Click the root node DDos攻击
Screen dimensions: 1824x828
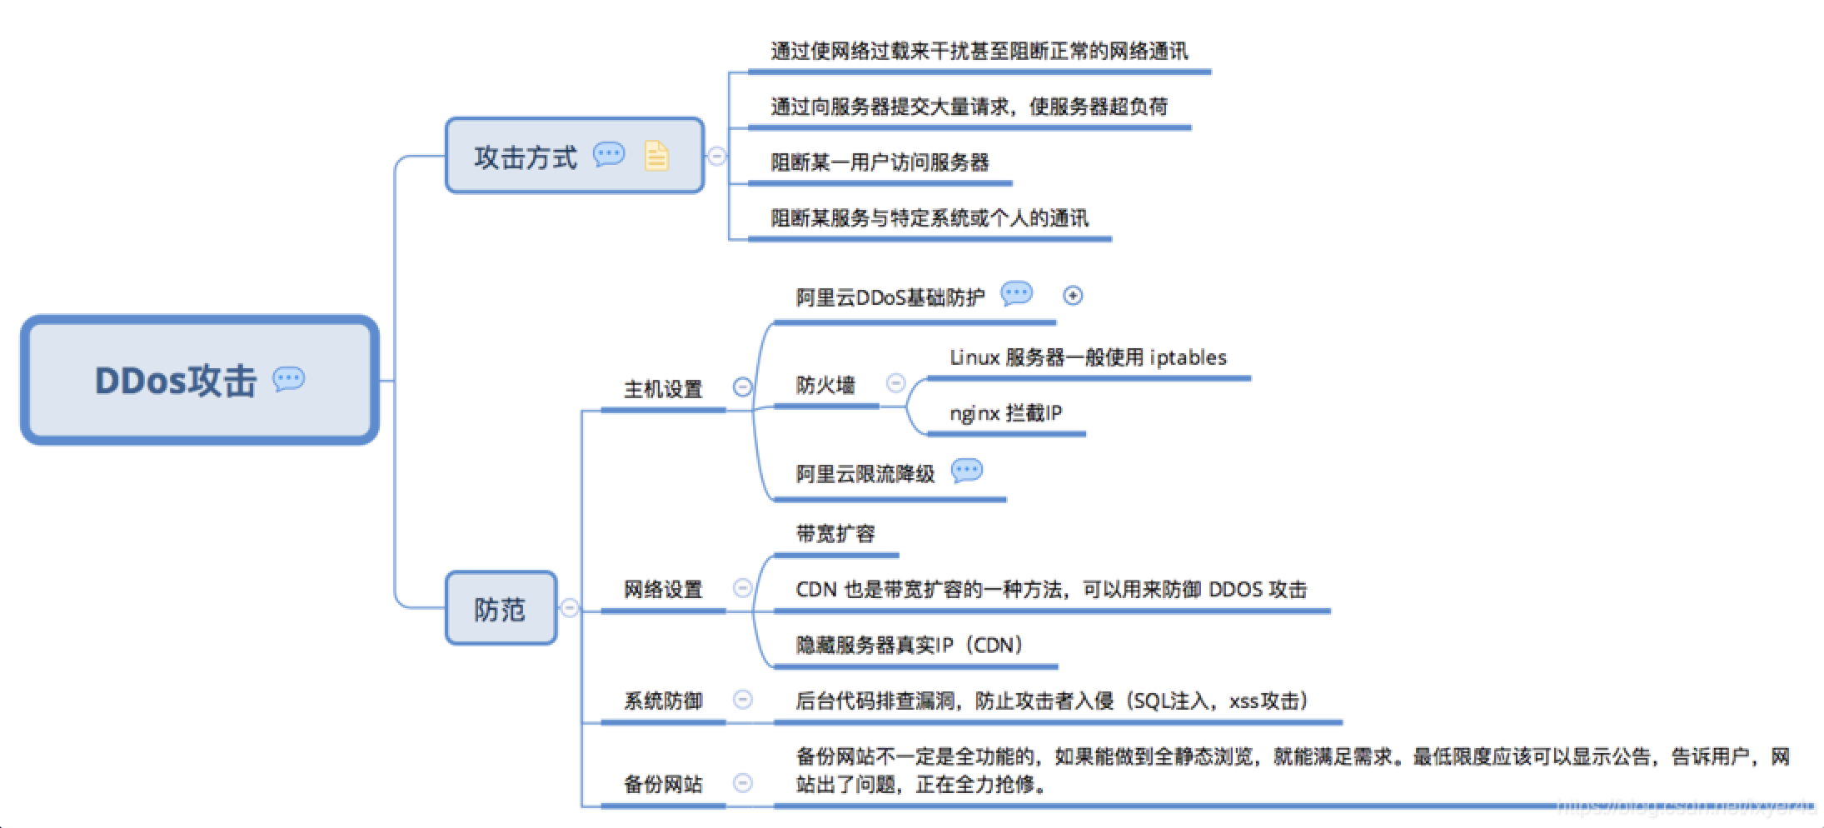200,380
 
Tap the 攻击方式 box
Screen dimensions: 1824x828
575,156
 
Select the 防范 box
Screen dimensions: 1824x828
501,608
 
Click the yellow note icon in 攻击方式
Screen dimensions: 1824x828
656,156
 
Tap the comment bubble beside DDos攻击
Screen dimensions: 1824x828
289,379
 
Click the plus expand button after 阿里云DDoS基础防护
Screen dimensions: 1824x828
1073,296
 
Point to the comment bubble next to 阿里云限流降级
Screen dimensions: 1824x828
966,471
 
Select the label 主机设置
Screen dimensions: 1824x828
663,389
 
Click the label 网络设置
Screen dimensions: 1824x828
663,590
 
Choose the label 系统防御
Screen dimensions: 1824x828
663,701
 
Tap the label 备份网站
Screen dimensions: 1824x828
663,784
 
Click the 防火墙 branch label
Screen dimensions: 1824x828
825,385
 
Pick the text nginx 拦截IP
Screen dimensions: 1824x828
1006,413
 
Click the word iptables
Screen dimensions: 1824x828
1189,357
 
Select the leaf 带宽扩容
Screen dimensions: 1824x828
835,534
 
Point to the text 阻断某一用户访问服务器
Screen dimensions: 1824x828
880,162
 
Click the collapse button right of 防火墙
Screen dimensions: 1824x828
896,383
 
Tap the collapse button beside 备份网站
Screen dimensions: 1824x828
743,783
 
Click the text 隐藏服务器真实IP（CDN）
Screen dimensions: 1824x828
910,646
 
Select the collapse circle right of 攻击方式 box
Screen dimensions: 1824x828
716,156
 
